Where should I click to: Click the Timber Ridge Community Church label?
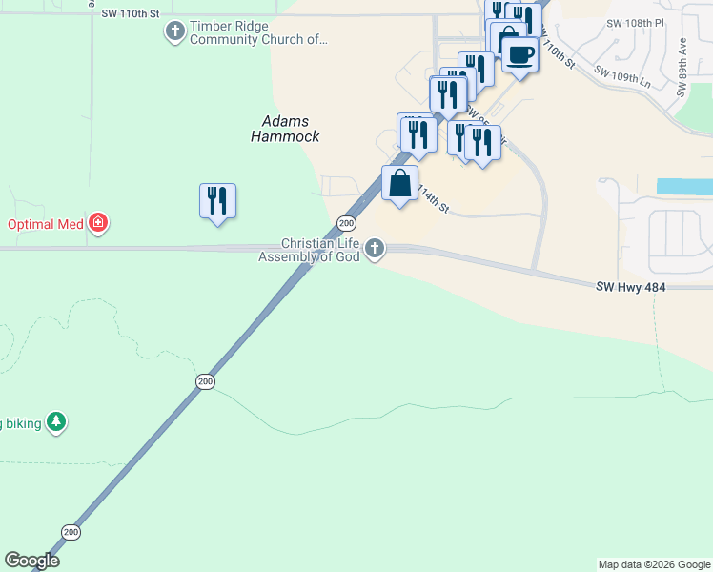click(x=257, y=33)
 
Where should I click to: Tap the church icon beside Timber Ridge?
click(x=174, y=32)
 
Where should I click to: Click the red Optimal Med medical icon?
click(x=97, y=224)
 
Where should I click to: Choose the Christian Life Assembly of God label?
click(x=310, y=250)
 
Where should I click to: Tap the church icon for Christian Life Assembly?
click(x=376, y=250)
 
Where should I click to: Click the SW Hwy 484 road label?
click(x=629, y=286)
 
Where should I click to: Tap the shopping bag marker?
click(x=400, y=183)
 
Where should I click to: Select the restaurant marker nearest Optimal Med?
click(x=218, y=200)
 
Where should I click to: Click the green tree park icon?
click(x=56, y=422)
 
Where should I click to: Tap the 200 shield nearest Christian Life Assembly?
click(x=347, y=223)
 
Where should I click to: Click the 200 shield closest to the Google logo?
click(x=71, y=531)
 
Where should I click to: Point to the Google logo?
click(x=32, y=561)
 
